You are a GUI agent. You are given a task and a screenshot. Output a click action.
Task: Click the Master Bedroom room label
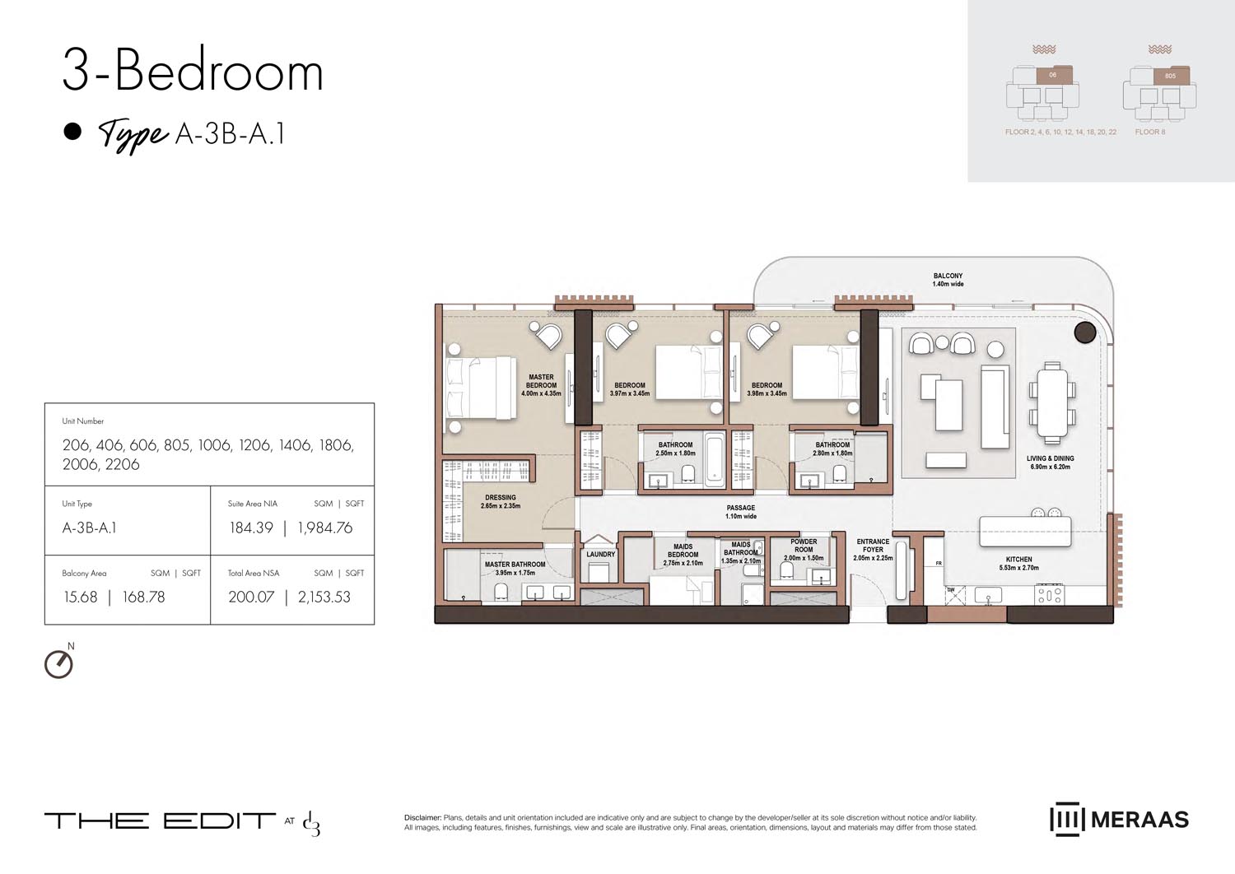click(541, 385)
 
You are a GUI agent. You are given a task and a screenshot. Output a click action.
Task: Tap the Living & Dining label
click(1050, 463)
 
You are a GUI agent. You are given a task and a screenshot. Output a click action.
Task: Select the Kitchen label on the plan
click(1018, 563)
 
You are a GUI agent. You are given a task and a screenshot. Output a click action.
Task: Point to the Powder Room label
click(804, 549)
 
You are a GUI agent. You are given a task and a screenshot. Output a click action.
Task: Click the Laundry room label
click(600, 555)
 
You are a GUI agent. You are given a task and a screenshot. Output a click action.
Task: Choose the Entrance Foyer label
click(873, 550)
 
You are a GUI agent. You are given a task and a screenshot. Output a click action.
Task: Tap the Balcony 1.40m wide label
click(948, 280)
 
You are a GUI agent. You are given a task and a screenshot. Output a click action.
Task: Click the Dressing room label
click(501, 501)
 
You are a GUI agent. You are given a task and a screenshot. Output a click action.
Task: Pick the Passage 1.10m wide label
click(740, 512)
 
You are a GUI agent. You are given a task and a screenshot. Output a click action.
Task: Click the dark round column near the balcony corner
click(1085, 332)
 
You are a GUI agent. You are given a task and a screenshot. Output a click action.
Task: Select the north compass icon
click(58, 664)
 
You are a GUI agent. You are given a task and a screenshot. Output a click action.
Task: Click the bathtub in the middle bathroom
click(714, 458)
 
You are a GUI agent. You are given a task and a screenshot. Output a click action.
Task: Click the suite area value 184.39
click(251, 528)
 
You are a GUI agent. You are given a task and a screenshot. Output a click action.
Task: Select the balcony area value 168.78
click(143, 597)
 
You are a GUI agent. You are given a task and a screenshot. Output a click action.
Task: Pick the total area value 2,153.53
click(324, 597)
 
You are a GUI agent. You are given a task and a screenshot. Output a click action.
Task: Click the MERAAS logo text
click(1139, 820)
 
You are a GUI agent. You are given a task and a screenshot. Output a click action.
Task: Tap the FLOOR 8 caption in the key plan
click(1149, 132)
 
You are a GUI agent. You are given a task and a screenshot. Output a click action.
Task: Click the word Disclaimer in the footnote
click(422, 818)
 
